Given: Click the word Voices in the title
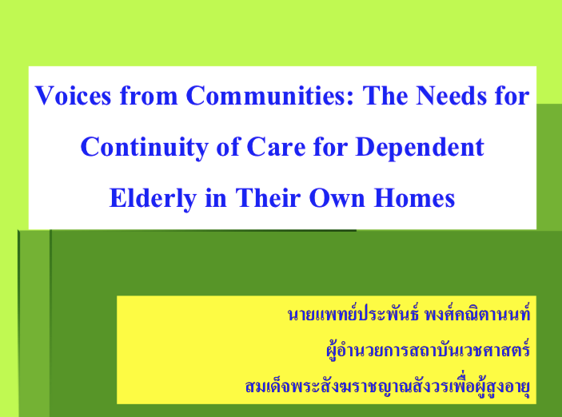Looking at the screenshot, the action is coord(73,96).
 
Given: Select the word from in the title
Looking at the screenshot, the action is coord(149,96).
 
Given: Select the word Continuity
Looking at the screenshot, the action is coord(145,148).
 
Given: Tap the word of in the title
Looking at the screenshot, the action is coord(228,147).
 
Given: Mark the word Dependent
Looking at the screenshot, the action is coord(420,148).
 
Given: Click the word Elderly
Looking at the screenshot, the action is coord(153,198).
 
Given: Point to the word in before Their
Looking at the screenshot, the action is coord(216,198).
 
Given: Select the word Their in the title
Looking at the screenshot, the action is coord(268,198).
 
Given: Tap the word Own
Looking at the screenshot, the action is coord(337,198).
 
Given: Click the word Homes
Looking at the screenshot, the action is coord(414,198).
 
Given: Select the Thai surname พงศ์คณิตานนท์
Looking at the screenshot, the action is coord(477,313).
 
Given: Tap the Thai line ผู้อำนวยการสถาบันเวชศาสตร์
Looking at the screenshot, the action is coord(428,350).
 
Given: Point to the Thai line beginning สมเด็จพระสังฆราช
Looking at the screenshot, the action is coord(388,386).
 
